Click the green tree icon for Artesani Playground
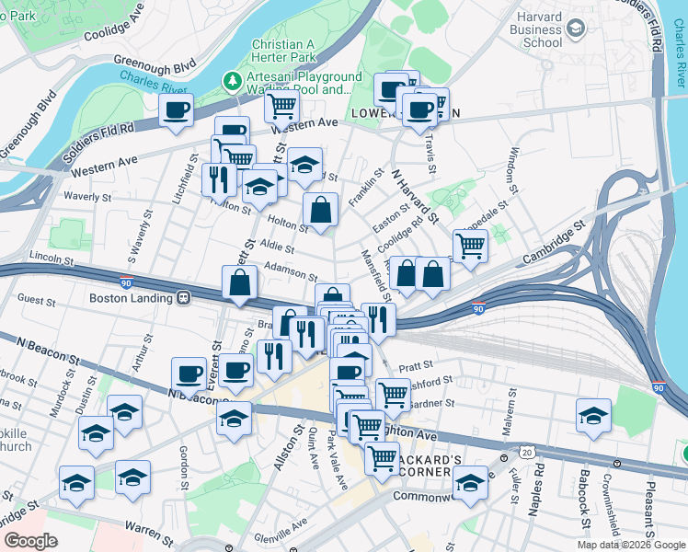coord(235,82)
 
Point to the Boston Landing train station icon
coord(184,298)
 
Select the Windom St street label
coord(515,165)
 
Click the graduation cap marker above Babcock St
coord(594,415)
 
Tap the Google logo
coord(30,541)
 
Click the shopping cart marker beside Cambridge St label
coord(470,246)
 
